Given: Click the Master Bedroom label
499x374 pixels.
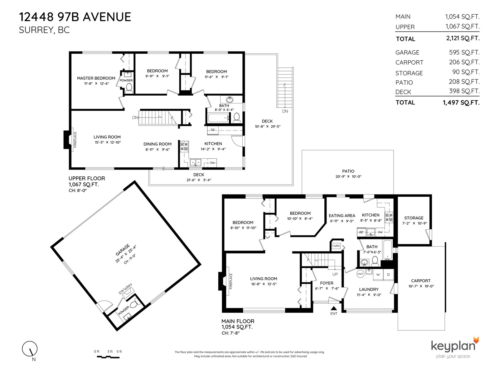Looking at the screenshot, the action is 96,78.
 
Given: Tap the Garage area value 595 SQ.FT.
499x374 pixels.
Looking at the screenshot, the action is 464,52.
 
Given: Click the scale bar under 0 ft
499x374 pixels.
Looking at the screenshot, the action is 108,357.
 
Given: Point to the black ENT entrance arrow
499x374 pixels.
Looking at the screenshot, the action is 333,308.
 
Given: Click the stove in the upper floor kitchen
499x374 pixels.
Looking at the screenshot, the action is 184,146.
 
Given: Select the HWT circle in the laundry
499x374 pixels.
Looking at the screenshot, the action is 360,274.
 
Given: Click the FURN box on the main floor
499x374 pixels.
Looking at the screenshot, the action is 336,246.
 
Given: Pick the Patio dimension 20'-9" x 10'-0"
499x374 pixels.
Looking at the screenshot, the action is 348,176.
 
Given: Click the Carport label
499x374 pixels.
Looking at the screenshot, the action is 421,281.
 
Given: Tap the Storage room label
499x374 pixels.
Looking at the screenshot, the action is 414,218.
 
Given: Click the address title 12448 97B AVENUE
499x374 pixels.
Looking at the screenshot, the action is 75,17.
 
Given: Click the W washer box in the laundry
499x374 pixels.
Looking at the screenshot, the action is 378,275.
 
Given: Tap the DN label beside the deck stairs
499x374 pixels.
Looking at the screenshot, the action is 285,111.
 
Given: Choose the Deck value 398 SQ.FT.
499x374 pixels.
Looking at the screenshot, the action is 464,91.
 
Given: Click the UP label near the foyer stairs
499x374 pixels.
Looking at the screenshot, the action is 335,274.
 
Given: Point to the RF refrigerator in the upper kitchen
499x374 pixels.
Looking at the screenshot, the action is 213,130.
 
